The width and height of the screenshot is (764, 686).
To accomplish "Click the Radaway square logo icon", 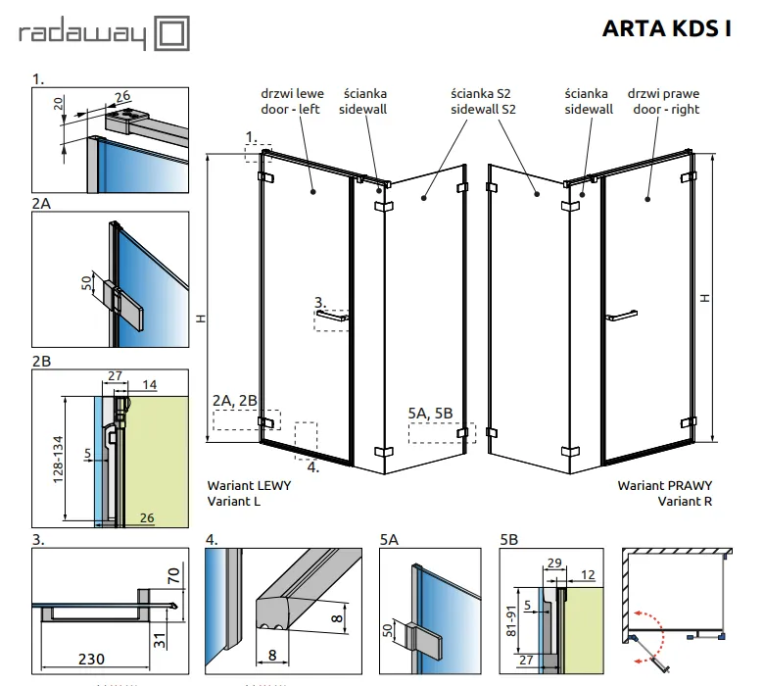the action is pos(172,33).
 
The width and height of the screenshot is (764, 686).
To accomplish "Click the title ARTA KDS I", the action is pos(667,28).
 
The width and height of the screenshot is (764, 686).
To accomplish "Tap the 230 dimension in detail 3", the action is pos(91,659).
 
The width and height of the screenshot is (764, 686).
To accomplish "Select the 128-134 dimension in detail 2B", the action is pos(58,460).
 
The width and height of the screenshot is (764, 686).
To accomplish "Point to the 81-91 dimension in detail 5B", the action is pos(510,620).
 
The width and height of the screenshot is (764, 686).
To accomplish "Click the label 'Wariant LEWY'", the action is pos(249,486).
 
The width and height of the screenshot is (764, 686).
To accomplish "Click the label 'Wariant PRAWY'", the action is pos(665,486).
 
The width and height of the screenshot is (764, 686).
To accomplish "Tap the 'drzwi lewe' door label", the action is pos(292,93).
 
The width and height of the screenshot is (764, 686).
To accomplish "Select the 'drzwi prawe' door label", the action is pos(663,93).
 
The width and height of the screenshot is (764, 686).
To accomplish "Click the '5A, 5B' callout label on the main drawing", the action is pos(430,413).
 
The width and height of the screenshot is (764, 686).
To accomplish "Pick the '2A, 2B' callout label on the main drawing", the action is pos(235,400).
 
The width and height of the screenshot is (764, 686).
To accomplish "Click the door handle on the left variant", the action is pos(332,316).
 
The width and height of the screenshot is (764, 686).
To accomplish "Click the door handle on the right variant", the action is pos(622,316).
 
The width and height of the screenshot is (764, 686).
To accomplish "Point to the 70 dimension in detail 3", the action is pos(173,576).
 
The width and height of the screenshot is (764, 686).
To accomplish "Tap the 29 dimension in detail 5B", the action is pos(554,563).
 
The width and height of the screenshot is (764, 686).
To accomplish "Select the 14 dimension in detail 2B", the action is pos(150,385).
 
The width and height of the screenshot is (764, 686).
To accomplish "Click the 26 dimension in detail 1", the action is pos(122,96).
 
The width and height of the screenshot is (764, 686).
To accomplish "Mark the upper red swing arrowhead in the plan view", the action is pos(637,613).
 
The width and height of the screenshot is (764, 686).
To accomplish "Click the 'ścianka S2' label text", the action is pos(481,93).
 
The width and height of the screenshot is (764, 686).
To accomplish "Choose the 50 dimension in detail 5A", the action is pos(388,630).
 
